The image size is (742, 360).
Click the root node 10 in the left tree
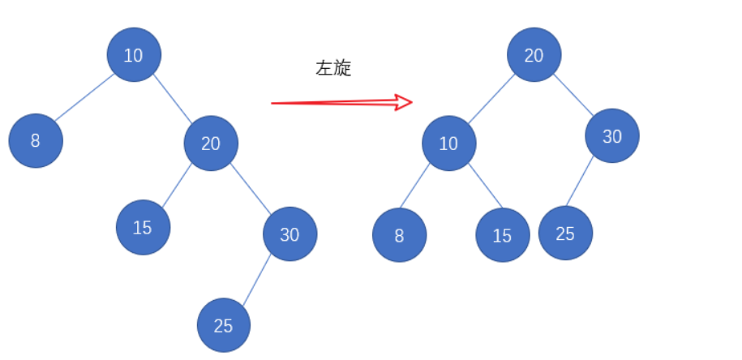pos(134,54)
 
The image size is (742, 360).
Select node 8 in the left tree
pos(36,140)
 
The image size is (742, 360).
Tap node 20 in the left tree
pos(211,144)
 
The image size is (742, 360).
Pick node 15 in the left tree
pos(143,227)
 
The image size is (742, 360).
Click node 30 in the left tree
pos(290,234)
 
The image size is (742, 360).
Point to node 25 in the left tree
pos(224,325)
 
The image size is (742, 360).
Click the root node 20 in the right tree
pos(534,55)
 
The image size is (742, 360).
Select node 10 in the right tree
pos(448,144)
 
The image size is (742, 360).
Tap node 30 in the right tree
pos(612,136)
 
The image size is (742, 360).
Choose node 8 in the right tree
pos(399,235)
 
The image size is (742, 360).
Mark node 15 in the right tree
pos(503,235)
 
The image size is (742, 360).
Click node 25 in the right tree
pos(565,233)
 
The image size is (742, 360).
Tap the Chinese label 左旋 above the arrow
pos(333,69)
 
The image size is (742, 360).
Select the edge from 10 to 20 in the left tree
pos(173,99)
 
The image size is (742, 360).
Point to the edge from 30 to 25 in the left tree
pos(256,280)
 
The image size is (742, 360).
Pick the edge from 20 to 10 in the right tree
pos(491,99)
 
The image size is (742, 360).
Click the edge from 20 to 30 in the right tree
pos(573,96)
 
